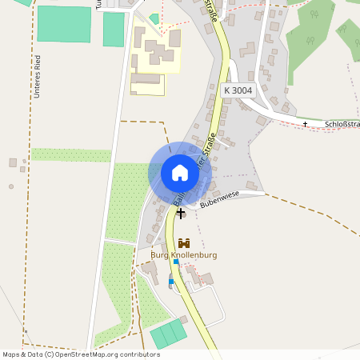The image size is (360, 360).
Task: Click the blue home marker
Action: (179, 173)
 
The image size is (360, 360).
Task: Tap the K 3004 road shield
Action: (238, 90)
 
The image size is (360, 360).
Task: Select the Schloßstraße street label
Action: (342, 124)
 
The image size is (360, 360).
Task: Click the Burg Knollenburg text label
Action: (184, 255)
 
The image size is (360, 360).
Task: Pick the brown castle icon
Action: (184, 242)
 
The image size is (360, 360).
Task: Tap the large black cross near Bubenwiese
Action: (181, 213)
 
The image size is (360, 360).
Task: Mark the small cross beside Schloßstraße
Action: (305, 124)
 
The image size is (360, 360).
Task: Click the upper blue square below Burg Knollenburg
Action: (176, 262)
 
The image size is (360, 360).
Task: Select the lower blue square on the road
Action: (170, 281)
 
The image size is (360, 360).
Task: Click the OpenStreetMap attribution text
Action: (80, 354)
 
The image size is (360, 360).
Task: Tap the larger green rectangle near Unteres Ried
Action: (65, 24)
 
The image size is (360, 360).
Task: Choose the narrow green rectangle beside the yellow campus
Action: (114, 30)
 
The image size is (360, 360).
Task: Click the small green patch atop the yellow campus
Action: (154, 18)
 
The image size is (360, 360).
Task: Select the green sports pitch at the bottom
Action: (168, 334)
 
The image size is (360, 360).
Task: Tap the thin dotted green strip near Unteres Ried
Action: (71, 154)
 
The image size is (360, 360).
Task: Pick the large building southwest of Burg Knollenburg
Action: (151, 273)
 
